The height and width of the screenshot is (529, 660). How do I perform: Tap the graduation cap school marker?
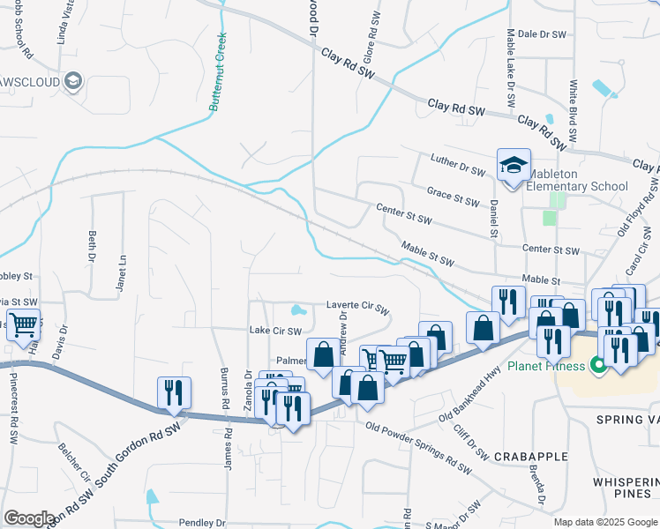[514, 166]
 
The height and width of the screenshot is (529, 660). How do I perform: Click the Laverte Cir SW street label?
[357, 308]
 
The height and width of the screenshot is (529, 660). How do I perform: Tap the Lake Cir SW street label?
[275, 331]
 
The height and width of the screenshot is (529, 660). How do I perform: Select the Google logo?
[29, 518]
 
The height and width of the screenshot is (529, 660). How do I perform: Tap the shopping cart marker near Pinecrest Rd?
[23, 324]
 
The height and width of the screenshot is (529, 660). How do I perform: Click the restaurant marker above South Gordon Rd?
[172, 392]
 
